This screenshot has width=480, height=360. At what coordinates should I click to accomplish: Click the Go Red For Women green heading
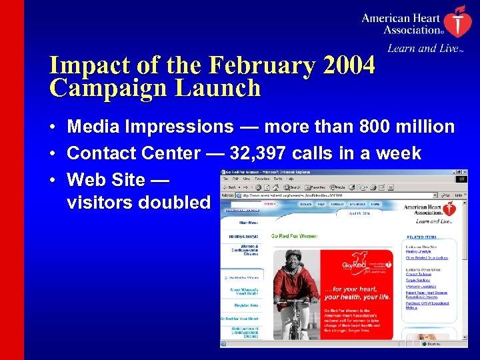coord(294,236)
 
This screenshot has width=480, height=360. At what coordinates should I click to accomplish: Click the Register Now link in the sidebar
coord(243,305)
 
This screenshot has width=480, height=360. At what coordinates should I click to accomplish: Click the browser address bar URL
coord(300,195)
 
